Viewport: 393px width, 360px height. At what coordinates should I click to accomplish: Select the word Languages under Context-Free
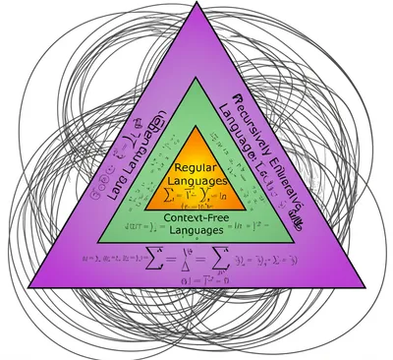tap(197, 229)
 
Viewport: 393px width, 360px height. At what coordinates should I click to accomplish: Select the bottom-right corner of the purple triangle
tap(355, 300)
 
